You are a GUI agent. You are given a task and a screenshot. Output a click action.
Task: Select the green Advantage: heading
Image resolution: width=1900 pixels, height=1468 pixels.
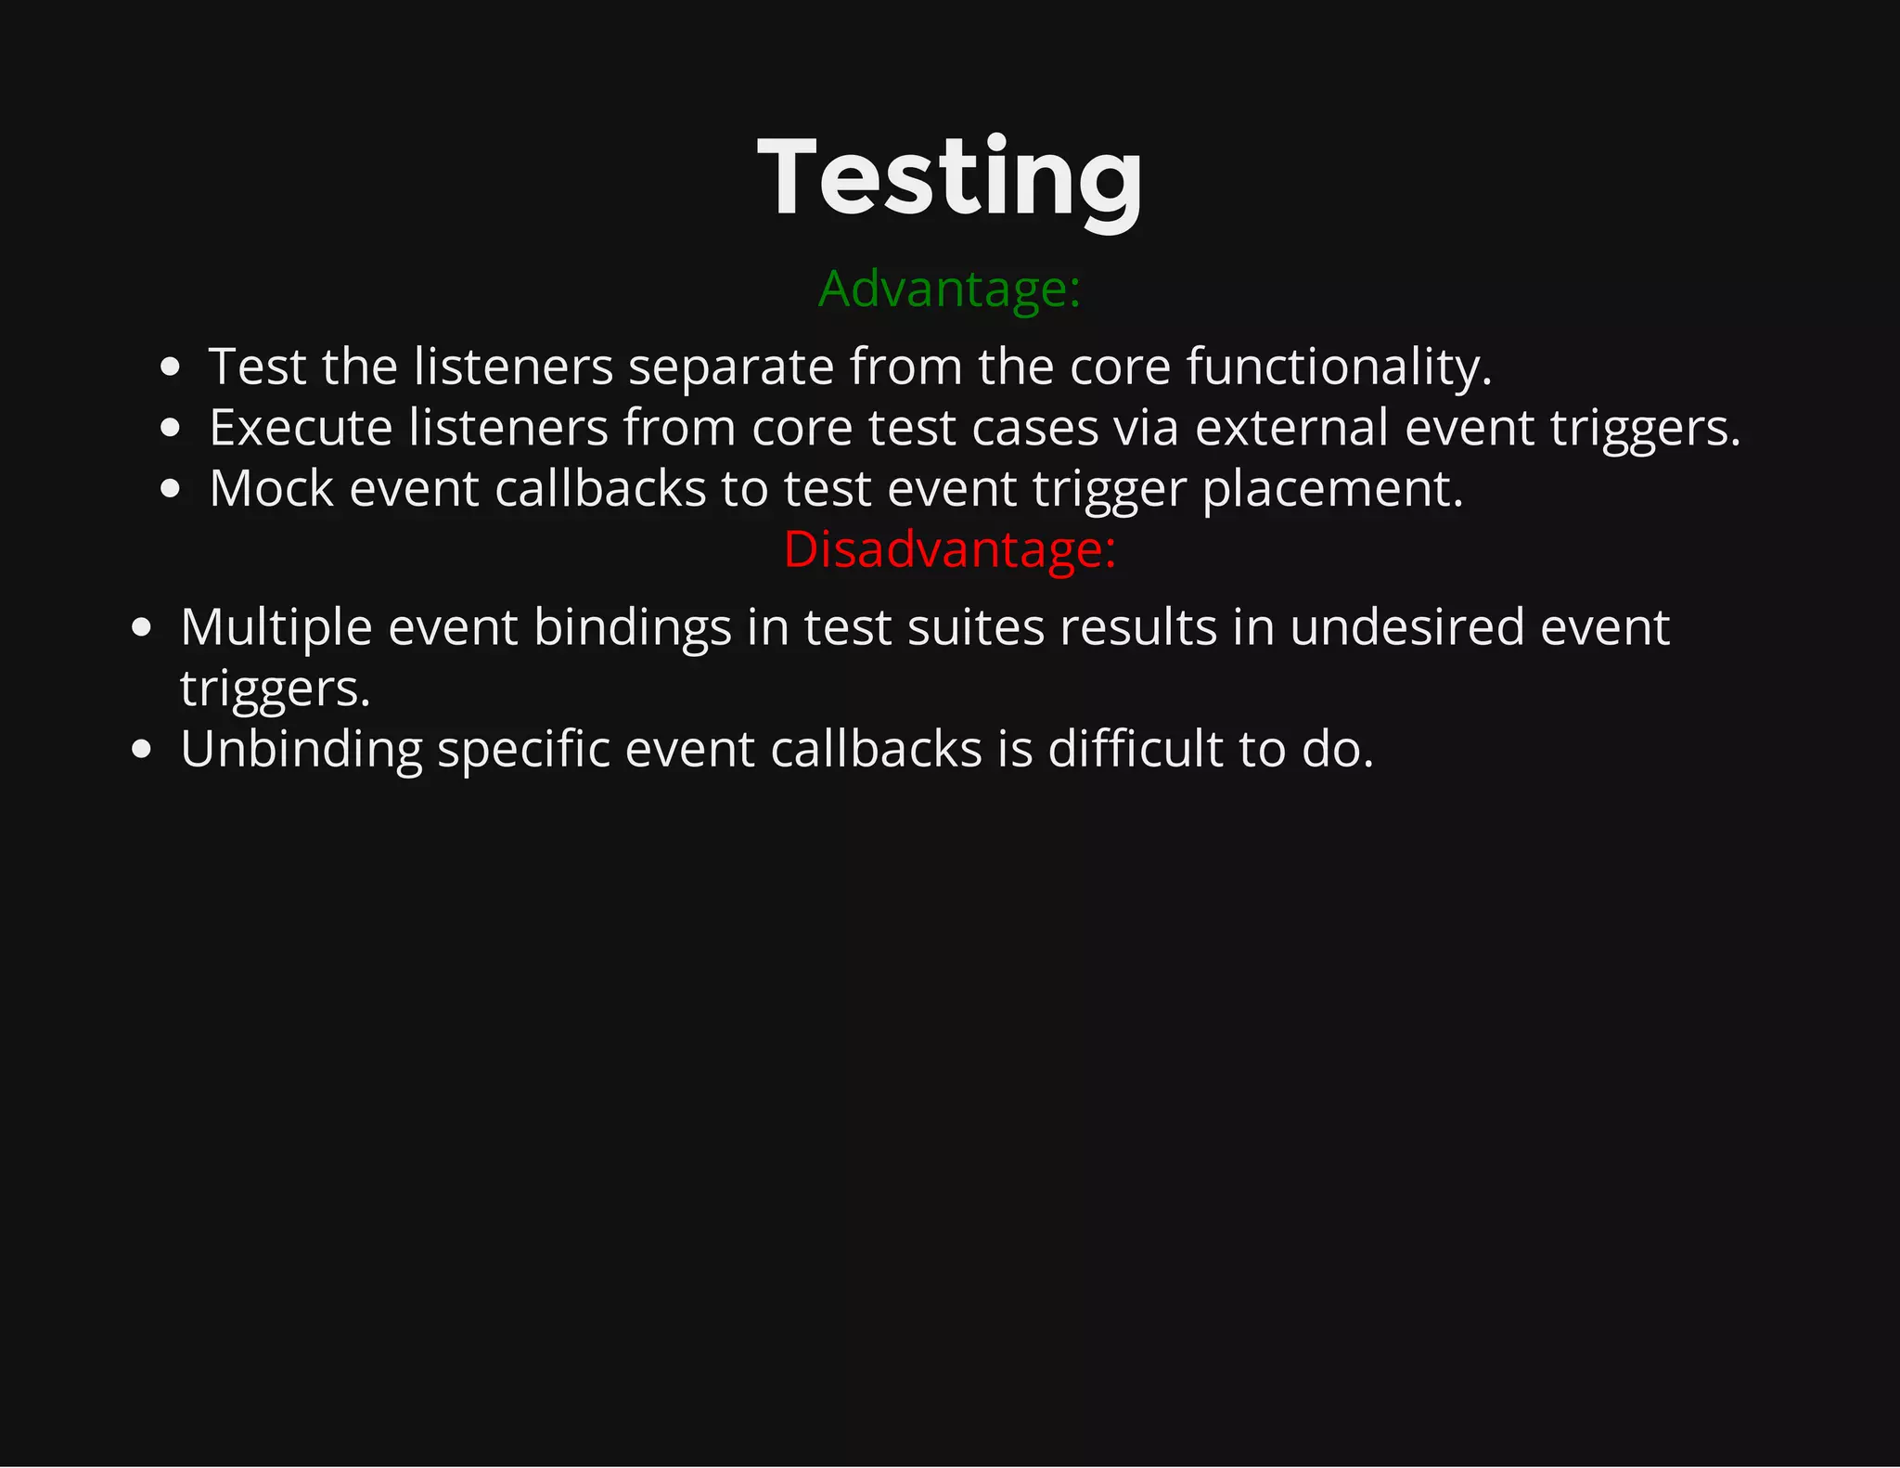(x=950, y=289)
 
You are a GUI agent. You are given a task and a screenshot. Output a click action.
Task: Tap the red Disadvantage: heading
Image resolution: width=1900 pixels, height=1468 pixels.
(x=950, y=549)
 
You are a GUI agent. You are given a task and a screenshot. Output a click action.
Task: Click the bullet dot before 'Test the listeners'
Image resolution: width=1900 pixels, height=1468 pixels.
(x=170, y=367)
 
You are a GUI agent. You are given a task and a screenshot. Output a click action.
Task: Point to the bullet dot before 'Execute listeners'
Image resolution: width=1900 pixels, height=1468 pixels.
(x=170, y=428)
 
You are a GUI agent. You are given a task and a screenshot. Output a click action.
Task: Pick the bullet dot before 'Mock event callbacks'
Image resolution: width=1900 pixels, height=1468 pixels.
(x=170, y=489)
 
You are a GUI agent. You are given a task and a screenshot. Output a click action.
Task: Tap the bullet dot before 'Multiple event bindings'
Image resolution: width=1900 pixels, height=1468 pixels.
(x=141, y=627)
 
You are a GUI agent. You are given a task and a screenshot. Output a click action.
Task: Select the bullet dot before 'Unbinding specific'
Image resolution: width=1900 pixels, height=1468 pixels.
(x=141, y=749)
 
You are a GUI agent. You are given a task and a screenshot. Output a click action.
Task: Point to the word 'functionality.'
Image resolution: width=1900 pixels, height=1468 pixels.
(x=1339, y=367)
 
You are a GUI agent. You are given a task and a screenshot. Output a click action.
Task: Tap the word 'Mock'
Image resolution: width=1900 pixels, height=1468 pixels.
(x=271, y=489)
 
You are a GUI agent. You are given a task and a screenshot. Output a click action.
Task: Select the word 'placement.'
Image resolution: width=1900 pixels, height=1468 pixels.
(x=1333, y=489)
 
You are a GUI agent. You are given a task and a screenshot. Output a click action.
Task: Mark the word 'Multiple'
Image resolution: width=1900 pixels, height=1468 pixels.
(x=276, y=627)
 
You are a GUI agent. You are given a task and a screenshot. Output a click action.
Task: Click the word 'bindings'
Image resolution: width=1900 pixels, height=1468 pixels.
(x=633, y=627)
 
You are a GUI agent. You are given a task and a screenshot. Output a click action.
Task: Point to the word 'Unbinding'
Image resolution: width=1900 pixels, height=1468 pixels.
(x=302, y=749)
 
